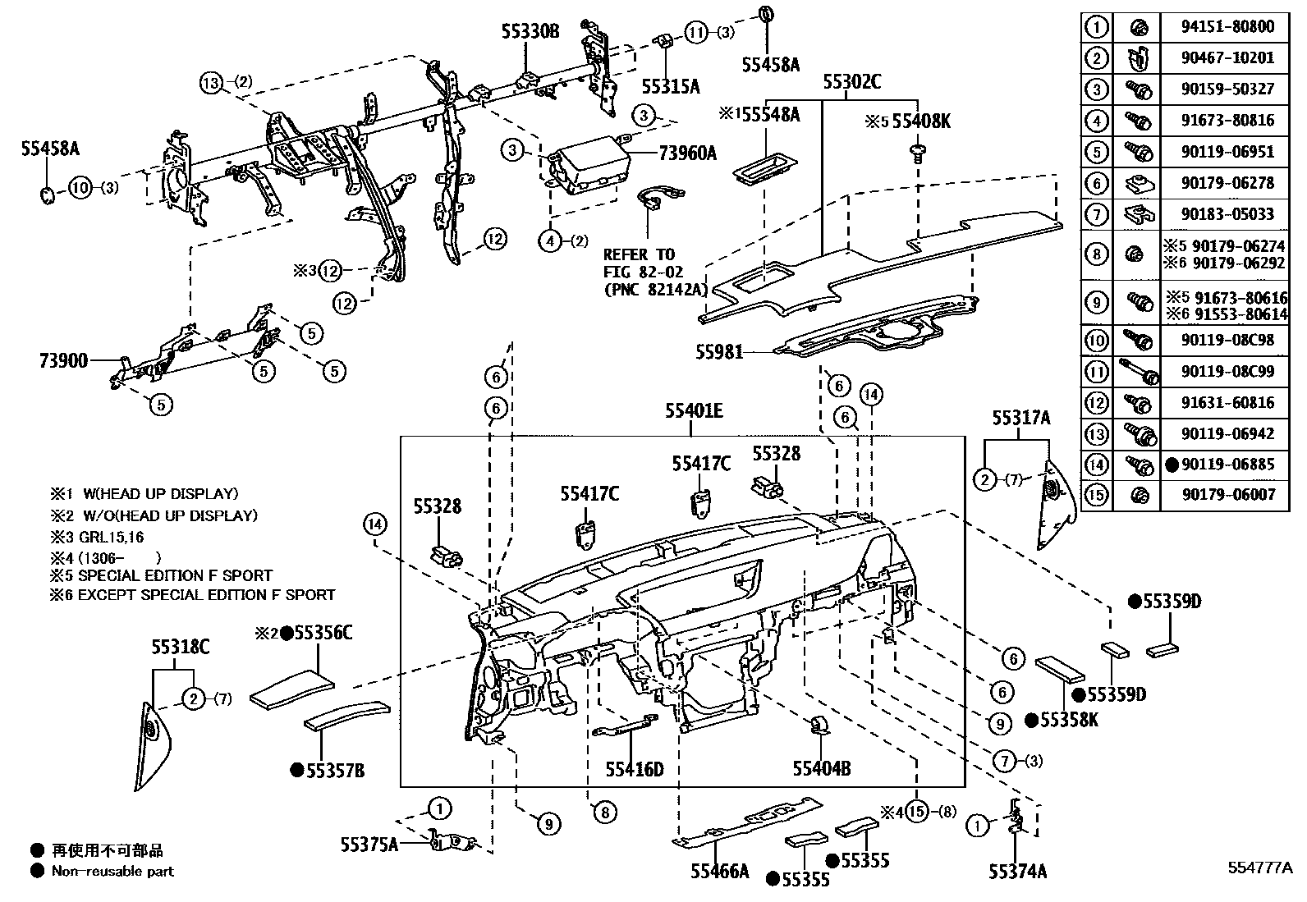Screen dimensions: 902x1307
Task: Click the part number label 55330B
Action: point(530,32)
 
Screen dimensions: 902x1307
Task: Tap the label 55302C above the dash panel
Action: point(852,81)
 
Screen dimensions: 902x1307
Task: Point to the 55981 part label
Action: point(719,352)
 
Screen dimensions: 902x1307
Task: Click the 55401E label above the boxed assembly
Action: point(694,410)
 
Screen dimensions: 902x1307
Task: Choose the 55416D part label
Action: point(634,769)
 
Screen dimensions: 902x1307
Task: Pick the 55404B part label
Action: point(821,769)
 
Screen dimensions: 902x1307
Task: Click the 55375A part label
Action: point(369,844)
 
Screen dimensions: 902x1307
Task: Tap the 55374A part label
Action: point(1017,872)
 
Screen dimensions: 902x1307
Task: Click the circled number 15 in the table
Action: point(1096,495)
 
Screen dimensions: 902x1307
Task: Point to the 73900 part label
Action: point(62,359)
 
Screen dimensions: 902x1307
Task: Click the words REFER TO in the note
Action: point(639,254)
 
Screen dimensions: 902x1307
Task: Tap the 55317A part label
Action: point(1020,419)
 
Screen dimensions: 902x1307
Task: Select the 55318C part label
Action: point(180,648)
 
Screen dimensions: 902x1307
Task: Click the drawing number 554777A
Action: point(1260,868)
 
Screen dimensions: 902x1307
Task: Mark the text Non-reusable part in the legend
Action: point(112,872)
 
